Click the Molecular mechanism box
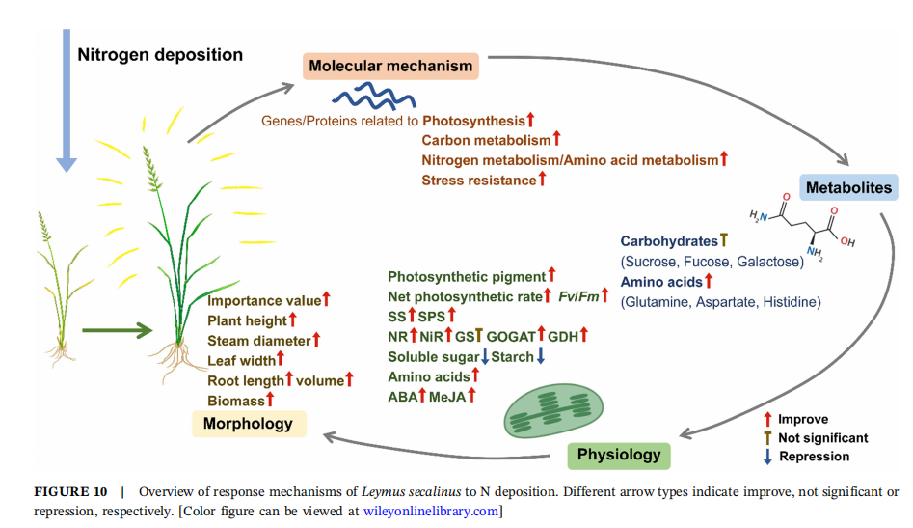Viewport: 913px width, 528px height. (390, 67)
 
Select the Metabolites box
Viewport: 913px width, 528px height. (847, 187)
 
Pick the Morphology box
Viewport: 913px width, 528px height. (248, 423)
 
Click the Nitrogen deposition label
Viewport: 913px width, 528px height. (160, 54)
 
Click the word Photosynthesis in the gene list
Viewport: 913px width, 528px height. (473, 122)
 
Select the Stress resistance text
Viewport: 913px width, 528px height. (478, 180)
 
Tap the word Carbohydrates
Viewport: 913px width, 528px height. (669, 241)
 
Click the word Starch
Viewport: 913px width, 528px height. (513, 357)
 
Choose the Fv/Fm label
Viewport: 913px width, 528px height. (577, 296)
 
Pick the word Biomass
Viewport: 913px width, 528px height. (235, 398)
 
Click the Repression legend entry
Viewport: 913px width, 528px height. (813, 457)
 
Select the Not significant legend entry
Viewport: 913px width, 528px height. (821, 437)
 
